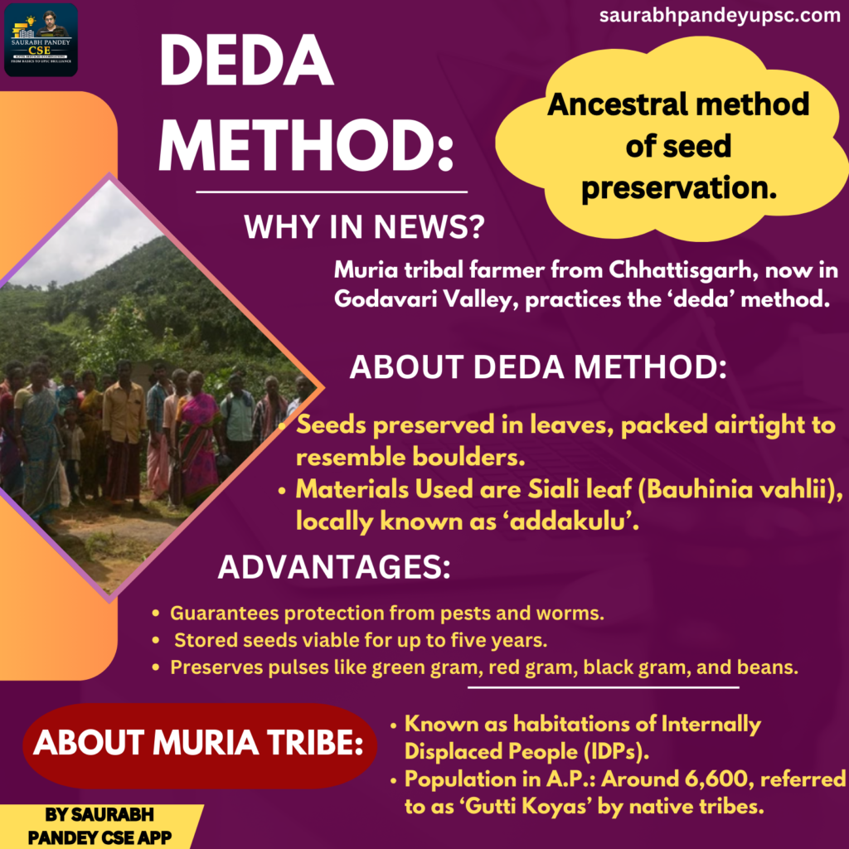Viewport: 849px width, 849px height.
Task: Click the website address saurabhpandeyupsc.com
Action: tap(720, 15)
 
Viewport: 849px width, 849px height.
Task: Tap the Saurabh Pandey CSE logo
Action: tap(41, 40)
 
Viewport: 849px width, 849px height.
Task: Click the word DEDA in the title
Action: tap(246, 61)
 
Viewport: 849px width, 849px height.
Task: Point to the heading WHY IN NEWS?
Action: tap(364, 226)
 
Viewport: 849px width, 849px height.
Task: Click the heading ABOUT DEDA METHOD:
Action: tap(537, 367)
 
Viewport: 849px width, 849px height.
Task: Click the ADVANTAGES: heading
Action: tap(334, 567)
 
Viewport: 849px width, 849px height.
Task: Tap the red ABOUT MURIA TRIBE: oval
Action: tap(200, 745)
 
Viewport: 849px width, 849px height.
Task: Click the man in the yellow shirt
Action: tap(124, 433)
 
